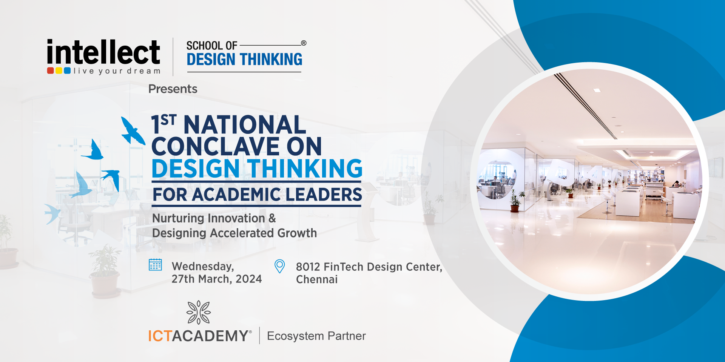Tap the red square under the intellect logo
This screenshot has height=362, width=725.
pyautogui.click(x=50, y=71)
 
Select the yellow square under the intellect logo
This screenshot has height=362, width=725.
pyautogui.click(x=59, y=71)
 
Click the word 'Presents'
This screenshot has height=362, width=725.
pyautogui.click(x=173, y=89)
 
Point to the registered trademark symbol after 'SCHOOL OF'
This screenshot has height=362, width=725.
pyautogui.click(x=304, y=43)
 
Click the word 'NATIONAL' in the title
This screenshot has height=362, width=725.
pyautogui.click(x=245, y=125)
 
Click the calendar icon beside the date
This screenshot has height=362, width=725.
pyautogui.click(x=155, y=265)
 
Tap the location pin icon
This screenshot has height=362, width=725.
pyautogui.click(x=279, y=266)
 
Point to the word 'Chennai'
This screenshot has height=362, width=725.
pyautogui.click(x=317, y=280)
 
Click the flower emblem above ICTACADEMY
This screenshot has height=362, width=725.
pyautogui.click(x=199, y=312)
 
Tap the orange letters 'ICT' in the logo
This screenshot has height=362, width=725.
pyautogui.click(x=160, y=336)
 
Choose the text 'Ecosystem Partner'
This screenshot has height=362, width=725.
pyautogui.click(x=316, y=336)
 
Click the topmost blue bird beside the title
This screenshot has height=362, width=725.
pyautogui.click(x=133, y=131)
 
